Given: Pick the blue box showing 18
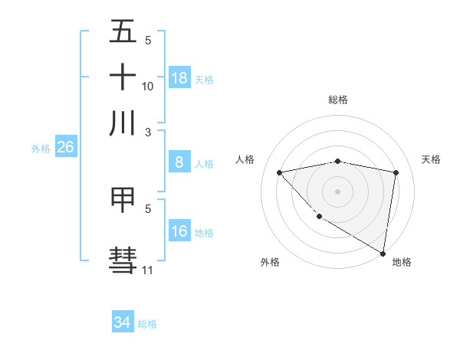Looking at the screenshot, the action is (x=179, y=78).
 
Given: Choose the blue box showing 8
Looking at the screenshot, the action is (x=179, y=162).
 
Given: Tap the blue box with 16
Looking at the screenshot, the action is (x=179, y=231).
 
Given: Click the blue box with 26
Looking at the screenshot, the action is (x=65, y=147).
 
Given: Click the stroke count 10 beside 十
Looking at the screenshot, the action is (x=148, y=86).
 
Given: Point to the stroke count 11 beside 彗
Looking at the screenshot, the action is (x=148, y=270).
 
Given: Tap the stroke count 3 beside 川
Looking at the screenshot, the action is (x=148, y=131).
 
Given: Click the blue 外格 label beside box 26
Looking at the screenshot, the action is (x=41, y=149).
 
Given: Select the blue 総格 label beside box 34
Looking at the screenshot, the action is (x=147, y=324).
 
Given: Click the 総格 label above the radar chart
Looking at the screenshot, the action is (x=337, y=100).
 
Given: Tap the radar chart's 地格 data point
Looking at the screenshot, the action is (x=383, y=253).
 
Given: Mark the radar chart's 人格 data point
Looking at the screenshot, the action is (x=279, y=172).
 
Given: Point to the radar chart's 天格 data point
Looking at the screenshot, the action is (x=396, y=172).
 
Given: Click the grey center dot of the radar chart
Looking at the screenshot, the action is (x=337, y=191).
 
